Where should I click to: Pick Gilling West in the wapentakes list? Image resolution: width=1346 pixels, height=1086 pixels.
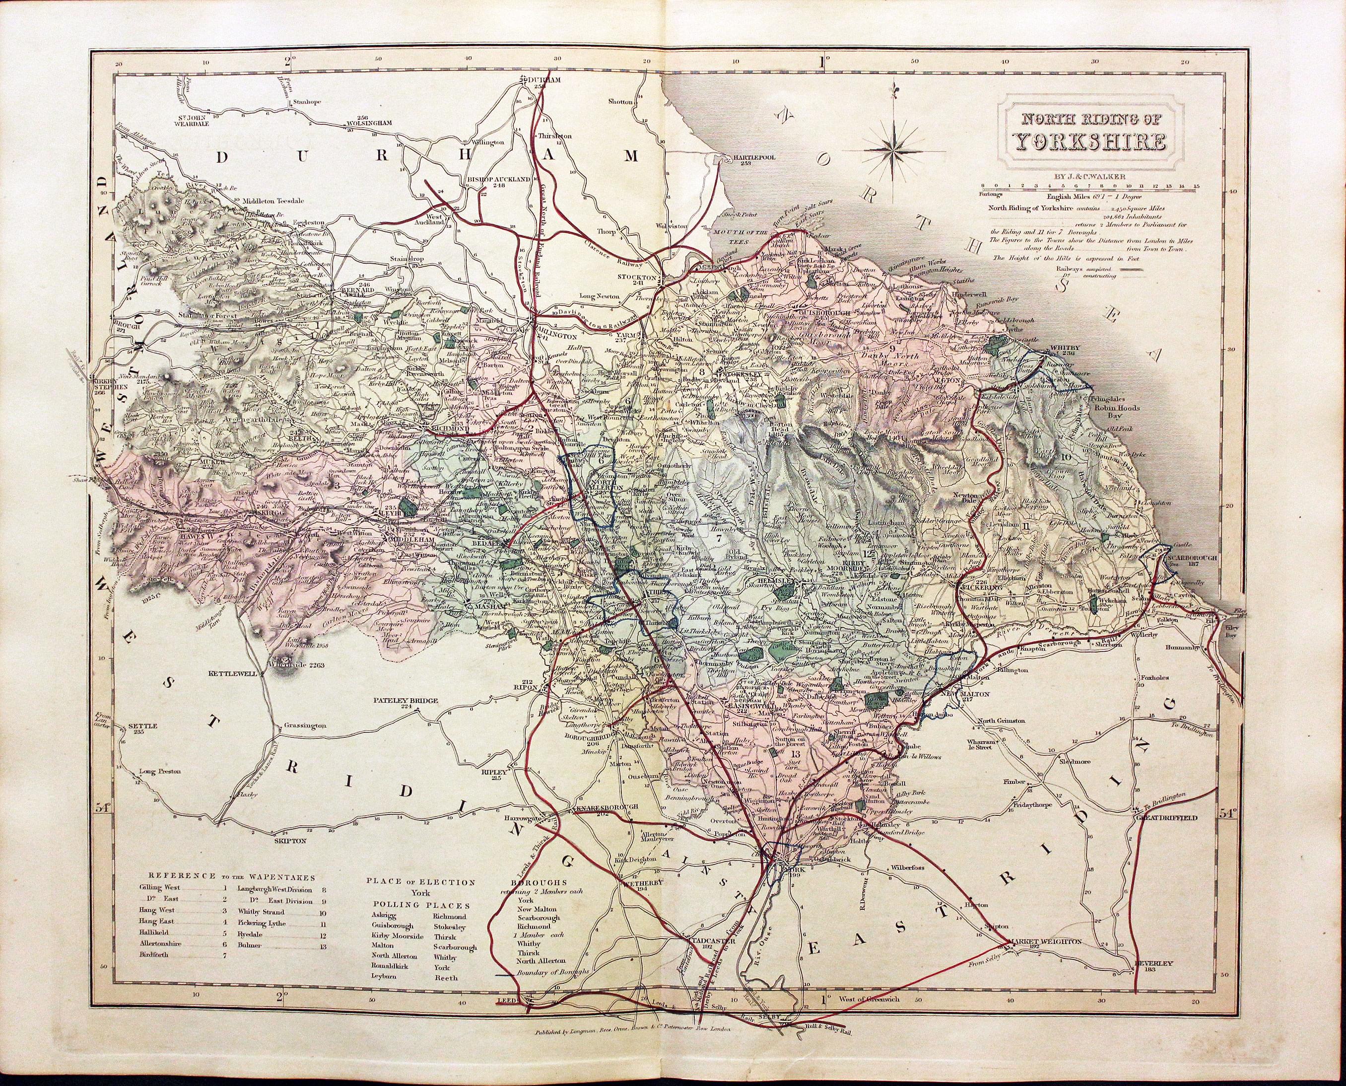pyautogui.click(x=159, y=905)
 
